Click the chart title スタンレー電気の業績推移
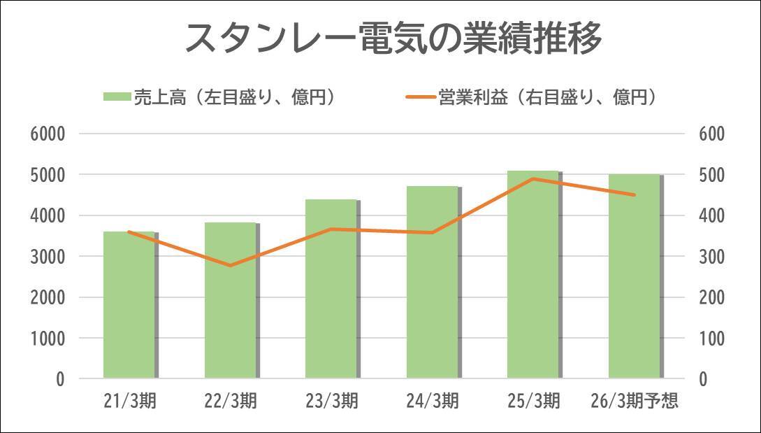[x=393, y=38]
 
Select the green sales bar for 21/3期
[x=129, y=304]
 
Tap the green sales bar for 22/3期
[x=231, y=301]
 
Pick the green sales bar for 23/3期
[x=331, y=289]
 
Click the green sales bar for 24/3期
[x=433, y=282]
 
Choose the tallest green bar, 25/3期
[x=534, y=274]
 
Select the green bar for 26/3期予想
[x=635, y=276]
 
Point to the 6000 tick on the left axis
[x=48, y=134]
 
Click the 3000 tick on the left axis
[x=48, y=257]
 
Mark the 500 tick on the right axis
[x=713, y=175]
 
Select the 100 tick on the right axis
[x=713, y=339]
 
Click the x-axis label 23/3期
[x=331, y=402]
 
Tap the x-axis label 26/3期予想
[x=635, y=402]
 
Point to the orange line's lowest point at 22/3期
[x=231, y=266]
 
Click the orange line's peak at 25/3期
[x=534, y=178]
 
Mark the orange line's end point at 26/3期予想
[x=635, y=195]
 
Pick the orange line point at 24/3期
[x=433, y=232]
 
